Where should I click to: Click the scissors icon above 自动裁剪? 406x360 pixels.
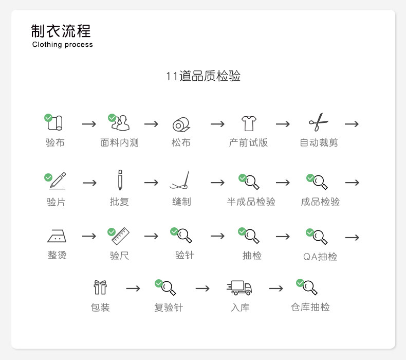coord(318,122)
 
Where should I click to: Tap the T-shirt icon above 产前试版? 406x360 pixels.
coord(248,123)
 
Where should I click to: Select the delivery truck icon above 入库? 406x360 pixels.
coord(239,287)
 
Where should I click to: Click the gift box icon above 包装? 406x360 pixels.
coord(100,287)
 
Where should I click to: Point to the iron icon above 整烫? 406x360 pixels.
coord(57,236)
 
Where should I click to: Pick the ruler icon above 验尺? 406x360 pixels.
coord(120,236)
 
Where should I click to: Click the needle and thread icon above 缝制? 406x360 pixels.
coord(180,180)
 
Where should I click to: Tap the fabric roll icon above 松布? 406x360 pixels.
coord(181,124)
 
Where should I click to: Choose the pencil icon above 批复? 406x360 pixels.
coord(120,180)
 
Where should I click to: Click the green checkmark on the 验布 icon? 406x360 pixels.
coord(48,118)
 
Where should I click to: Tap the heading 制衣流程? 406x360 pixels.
coord(61,31)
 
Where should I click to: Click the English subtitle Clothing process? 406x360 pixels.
coord(63,45)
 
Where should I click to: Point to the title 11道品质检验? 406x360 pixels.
coord(203,77)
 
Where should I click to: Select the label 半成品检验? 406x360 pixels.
coord(251,202)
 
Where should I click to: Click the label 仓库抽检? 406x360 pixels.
coord(310,307)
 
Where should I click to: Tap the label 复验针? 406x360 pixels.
coord(169,308)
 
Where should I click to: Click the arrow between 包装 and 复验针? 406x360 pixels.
coord(133,289)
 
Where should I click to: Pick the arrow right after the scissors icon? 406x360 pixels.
coord(352,124)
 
